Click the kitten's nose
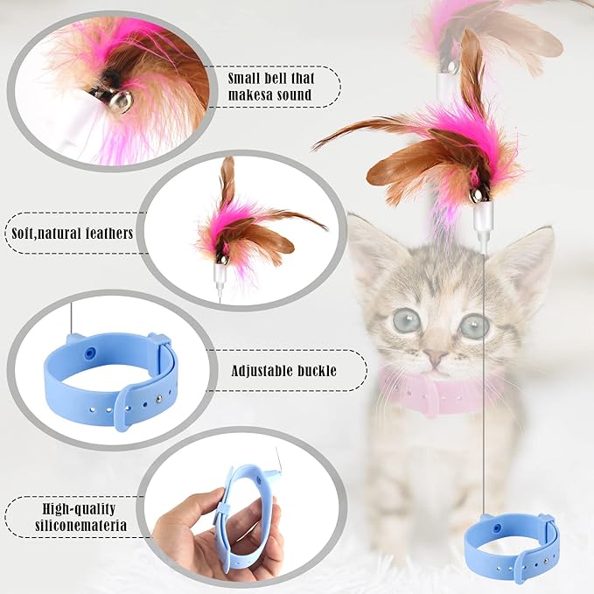click(x=435, y=358)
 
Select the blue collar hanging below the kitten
click(x=511, y=547)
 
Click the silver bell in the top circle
click(x=122, y=102)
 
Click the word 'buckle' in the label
click(x=318, y=371)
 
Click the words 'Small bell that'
click(x=271, y=77)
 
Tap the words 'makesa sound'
click(x=271, y=94)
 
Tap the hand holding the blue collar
click(x=188, y=534)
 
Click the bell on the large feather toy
click(x=477, y=195)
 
